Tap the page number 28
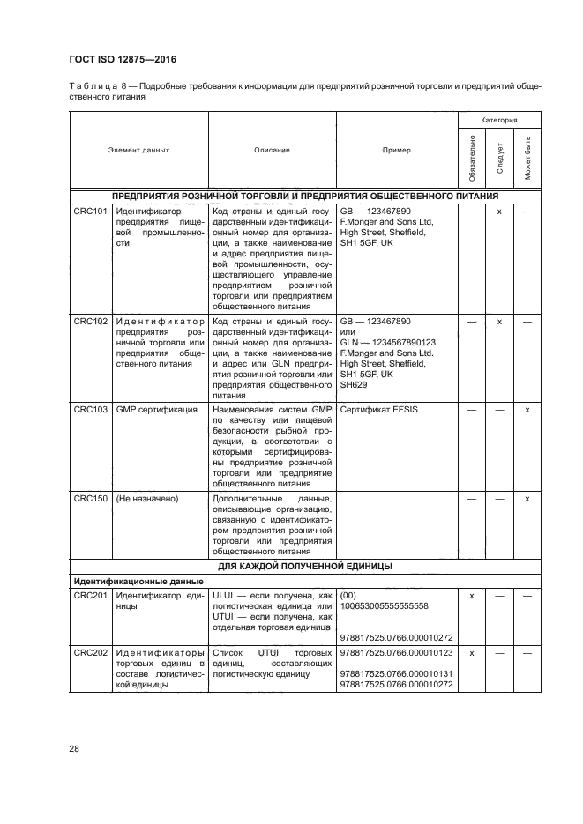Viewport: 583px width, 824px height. click(73, 749)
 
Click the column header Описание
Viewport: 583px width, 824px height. click(272, 151)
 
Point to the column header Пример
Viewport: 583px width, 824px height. click(396, 151)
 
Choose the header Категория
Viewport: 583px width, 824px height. click(498, 119)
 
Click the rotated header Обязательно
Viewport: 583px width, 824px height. click(474, 158)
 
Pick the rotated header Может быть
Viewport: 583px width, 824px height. click(527, 158)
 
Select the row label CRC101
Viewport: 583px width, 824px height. click(90, 212)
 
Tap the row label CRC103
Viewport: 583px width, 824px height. click(90, 410)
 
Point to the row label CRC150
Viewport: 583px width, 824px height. click(90, 499)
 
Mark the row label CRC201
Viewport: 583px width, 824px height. click(90, 596)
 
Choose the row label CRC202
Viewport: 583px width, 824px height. click(90, 652)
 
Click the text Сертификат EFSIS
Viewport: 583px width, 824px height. click(379, 410)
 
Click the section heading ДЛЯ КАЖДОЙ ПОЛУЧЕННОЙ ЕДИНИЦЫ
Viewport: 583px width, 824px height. click(305, 566)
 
